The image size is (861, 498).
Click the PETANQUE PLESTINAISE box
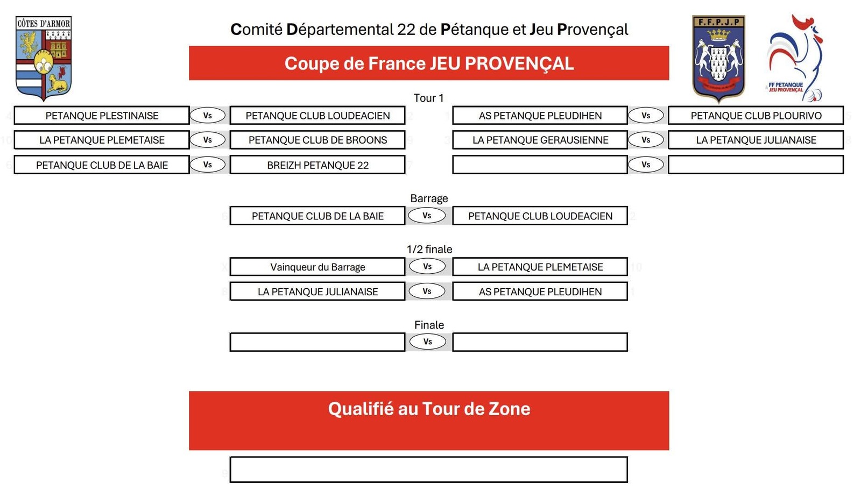point(102,116)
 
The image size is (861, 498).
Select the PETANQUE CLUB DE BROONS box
point(317,140)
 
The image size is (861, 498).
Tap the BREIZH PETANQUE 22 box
point(317,165)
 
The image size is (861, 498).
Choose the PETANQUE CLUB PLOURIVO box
point(756,116)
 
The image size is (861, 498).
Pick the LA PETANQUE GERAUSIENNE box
point(540,140)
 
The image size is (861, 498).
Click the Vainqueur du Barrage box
point(317,267)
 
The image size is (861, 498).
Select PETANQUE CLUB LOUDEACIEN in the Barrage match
point(540,216)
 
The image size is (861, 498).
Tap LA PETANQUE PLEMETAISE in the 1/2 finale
point(540,267)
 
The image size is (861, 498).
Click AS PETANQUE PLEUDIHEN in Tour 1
point(540,116)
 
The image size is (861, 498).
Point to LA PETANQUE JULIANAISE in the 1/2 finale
point(317,291)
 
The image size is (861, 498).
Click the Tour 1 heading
point(428,98)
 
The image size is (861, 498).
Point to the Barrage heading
point(429,198)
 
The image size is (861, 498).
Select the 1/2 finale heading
point(429,249)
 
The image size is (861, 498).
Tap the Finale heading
point(429,325)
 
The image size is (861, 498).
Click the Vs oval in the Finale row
point(427,342)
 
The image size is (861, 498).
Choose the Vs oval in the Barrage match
point(427,216)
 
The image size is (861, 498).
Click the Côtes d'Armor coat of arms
point(44,58)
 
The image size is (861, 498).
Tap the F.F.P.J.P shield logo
point(718,58)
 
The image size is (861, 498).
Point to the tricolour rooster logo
point(794,58)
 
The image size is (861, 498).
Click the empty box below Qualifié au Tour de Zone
point(428,469)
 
